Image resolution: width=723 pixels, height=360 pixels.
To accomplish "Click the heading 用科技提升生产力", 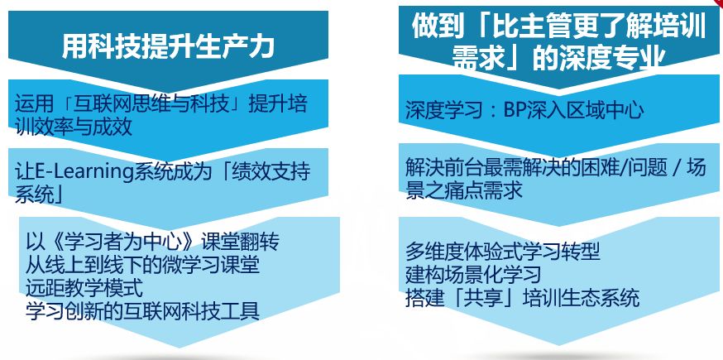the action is [x=168, y=46].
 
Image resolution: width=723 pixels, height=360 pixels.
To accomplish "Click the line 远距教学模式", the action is [x=84, y=288].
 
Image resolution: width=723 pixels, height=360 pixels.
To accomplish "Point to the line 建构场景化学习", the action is [x=473, y=275].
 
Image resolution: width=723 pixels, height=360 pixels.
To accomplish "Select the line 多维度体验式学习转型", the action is [x=503, y=252].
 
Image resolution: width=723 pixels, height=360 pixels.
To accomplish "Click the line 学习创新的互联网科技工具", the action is [x=142, y=311].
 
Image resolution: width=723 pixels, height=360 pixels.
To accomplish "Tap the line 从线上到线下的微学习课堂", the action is [x=142, y=265].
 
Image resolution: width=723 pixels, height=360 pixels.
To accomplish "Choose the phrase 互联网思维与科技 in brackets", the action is [x=151, y=103].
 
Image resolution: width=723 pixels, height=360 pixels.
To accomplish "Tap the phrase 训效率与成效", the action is [x=74, y=127].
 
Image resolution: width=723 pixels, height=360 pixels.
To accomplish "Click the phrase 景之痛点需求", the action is [x=464, y=190].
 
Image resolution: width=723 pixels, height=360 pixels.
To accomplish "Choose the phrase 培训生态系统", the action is [x=581, y=298].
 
